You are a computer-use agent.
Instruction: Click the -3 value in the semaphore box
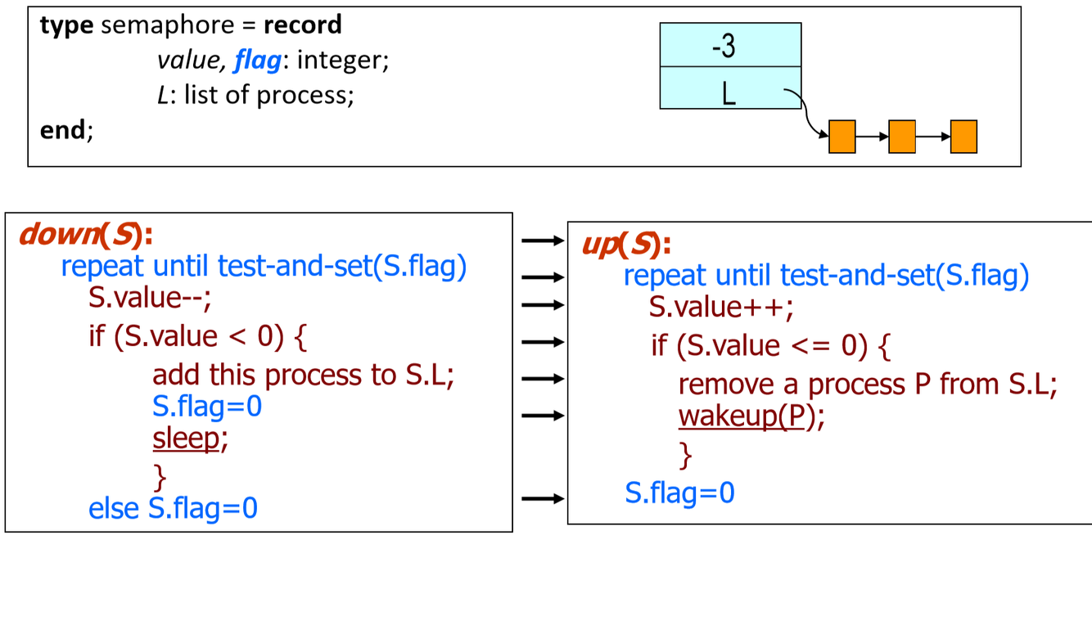click(x=724, y=46)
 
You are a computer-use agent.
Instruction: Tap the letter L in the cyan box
click(x=729, y=93)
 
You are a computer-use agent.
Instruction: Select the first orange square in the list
click(x=842, y=137)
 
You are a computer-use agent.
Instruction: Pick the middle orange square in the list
click(x=901, y=137)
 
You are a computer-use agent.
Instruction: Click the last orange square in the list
click(x=963, y=137)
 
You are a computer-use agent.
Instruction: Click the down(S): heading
click(x=86, y=235)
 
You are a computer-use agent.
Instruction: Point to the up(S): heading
click(x=626, y=244)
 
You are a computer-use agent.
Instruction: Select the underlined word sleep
click(x=187, y=439)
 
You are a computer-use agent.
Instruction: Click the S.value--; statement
click(x=150, y=299)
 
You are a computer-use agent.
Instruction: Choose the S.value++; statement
click(x=721, y=308)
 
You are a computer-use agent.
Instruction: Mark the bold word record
click(x=302, y=25)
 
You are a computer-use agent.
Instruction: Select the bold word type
click(x=66, y=25)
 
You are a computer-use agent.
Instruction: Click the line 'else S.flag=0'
click(x=173, y=508)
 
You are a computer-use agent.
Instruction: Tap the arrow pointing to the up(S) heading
click(x=543, y=241)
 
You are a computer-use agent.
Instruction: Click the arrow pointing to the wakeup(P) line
click(x=543, y=415)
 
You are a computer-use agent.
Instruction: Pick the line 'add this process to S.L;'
click(x=303, y=375)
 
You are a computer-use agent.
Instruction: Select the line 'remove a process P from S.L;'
click(x=868, y=384)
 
